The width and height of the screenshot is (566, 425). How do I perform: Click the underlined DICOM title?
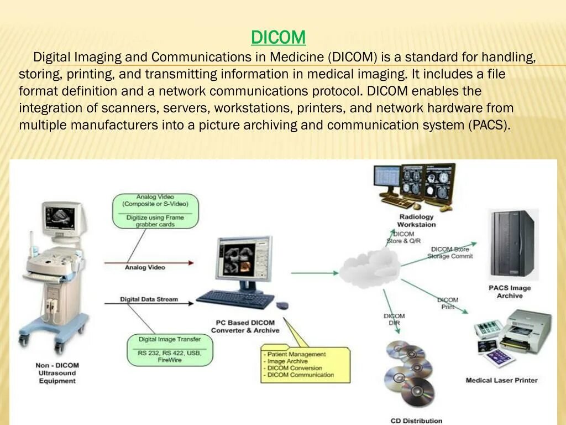tap(278, 38)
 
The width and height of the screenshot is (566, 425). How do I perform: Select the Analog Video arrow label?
tap(145, 267)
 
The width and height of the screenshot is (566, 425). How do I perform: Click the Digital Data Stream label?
tap(149, 299)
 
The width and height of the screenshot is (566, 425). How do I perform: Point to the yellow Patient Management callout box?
tap(305, 364)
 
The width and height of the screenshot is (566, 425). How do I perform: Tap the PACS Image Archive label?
tap(509, 292)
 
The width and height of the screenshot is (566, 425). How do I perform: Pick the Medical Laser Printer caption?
tap(501, 380)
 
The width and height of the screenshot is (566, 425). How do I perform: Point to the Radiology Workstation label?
tap(416, 221)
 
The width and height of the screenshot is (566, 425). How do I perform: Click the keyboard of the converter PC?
tap(235, 299)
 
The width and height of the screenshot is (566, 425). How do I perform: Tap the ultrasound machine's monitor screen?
tap(62, 216)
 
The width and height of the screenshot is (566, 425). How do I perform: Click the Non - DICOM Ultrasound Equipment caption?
tap(57, 373)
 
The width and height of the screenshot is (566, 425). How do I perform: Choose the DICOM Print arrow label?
tap(448, 303)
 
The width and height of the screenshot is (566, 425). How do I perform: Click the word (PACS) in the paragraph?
tap(489, 125)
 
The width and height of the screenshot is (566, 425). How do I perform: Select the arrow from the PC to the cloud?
tap(314, 273)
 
